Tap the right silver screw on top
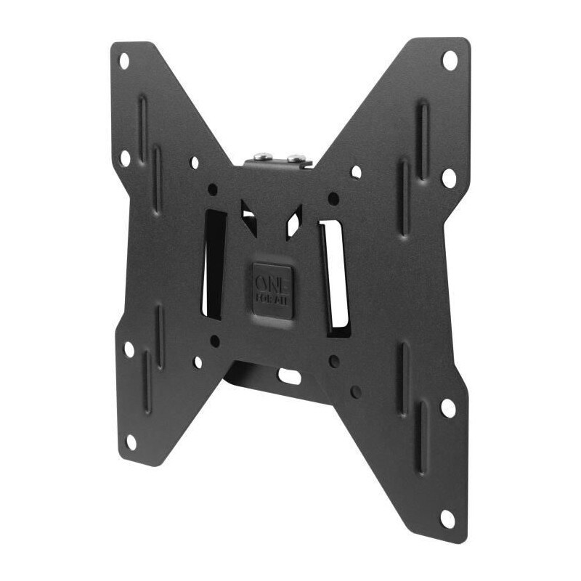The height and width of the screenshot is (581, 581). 294,157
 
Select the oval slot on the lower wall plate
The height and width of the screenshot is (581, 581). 288,376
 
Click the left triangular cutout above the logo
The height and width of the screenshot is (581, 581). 248,218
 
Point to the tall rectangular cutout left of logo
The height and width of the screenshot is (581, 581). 214,265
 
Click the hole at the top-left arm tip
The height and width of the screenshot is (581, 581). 123,57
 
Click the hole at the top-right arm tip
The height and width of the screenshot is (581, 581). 450,60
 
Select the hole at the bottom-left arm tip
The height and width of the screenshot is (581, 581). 131,441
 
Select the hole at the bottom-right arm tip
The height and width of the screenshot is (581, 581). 448,518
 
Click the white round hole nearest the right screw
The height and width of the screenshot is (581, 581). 356,172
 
